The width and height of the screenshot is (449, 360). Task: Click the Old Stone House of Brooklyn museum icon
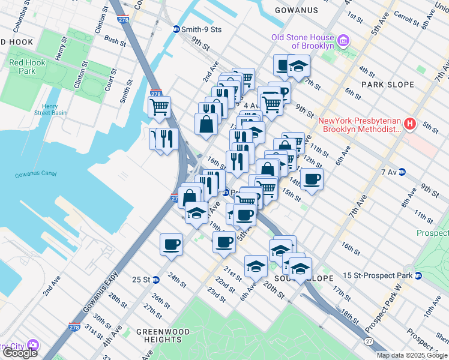pyautogui.click(x=343, y=41)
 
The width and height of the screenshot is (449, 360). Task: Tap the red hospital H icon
pyautogui.click(x=410, y=124)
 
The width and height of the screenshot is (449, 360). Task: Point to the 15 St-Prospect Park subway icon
pyautogui.click(x=418, y=275)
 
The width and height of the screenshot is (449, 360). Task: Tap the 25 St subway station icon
pyautogui.click(x=156, y=280)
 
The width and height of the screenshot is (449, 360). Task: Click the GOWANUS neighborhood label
pyautogui.click(x=296, y=10)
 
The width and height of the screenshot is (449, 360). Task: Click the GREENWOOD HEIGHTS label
pyautogui.click(x=163, y=336)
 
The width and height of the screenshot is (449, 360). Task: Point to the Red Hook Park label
pyautogui.click(x=22, y=67)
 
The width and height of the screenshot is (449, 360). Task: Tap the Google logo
pyautogui.click(x=19, y=353)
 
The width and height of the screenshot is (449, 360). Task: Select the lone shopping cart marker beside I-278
pyautogui.click(x=160, y=107)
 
